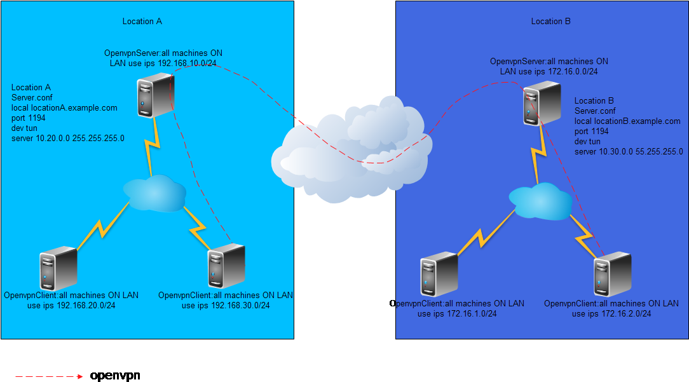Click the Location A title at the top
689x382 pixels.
click(x=142, y=21)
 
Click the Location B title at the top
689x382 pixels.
click(x=550, y=21)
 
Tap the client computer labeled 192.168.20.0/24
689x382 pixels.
click(x=58, y=269)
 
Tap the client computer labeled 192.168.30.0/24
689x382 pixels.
click(x=226, y=266)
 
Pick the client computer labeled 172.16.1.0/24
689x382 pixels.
click(x=439, y=275)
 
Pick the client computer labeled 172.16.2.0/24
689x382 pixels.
click(x=612, y=275)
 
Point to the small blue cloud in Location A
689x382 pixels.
click(x=154, y=192)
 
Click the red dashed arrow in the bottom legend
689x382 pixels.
click(x=49, y=377)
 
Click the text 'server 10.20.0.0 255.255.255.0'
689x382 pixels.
click(x=68, y=138)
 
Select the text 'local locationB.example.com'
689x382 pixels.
click(x=627, y=121)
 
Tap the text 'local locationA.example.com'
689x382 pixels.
click(x=64, y=108)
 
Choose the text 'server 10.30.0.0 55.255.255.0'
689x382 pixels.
click(x=629, y=152)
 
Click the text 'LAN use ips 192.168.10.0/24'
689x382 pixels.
click(x=163, y=63)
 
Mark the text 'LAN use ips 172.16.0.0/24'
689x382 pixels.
click(x=549, y=72)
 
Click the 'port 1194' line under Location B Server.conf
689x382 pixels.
click(x=592, y=132)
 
